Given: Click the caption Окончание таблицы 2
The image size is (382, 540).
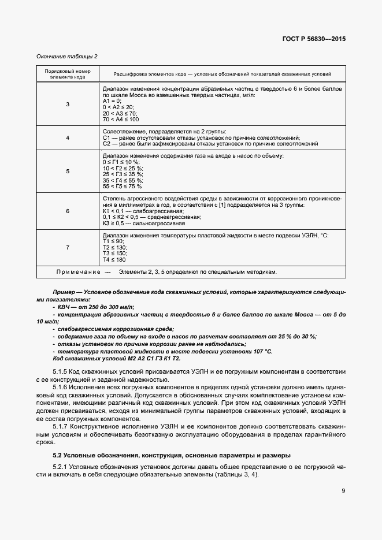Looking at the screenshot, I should pyautogui.click(x=67, y=56).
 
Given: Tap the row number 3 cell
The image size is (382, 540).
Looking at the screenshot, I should pyautogui.click(x=68, y=104).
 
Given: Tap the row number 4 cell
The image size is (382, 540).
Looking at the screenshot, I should pyautogui.click(x=68, y=137).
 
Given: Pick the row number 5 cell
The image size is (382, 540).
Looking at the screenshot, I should pyautogui.click(x=68, y=171).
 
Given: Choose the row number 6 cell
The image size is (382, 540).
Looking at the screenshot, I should pyautogui.click(x=68, y=211).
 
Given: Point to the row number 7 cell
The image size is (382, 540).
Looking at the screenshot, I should pyautogui.click(x=68, y=247).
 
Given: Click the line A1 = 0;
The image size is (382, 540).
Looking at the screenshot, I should pyautogui.click(x=113, y=101).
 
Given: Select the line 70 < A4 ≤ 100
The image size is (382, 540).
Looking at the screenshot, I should pyautogui.click(x=120, y=119).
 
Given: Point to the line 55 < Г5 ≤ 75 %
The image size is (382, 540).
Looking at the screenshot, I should pyautogui.click(x=122, y=187).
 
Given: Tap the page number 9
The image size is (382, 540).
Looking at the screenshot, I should pyautogui.click(x=343, y=491).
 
